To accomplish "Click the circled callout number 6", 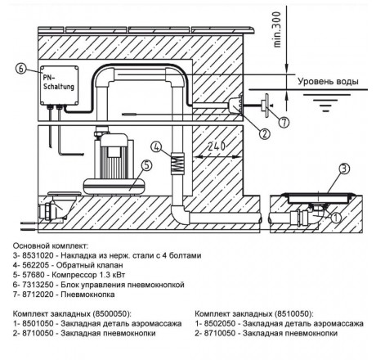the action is pos(21,69).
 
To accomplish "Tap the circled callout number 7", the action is pos(284,123).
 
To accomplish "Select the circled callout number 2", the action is pos(264,134).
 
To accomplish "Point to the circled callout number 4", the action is pos(156,147).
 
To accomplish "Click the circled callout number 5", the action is pos(147,165).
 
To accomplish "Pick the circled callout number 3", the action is pos(344,169).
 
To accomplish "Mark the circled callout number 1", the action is pos(336,218).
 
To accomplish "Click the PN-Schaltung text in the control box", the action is pos(59,82).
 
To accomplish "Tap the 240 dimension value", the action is pos(217,146).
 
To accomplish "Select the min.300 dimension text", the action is pos(276,29).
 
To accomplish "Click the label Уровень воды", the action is pos(328,81).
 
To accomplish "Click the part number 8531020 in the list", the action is pos(37,255).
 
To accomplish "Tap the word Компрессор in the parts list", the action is pos(70,275).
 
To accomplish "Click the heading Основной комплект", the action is pos(51,245).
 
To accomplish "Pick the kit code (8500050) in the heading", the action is pos(112,314).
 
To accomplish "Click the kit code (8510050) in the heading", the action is pos(294,314).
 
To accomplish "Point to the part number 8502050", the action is pos(219,323).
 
